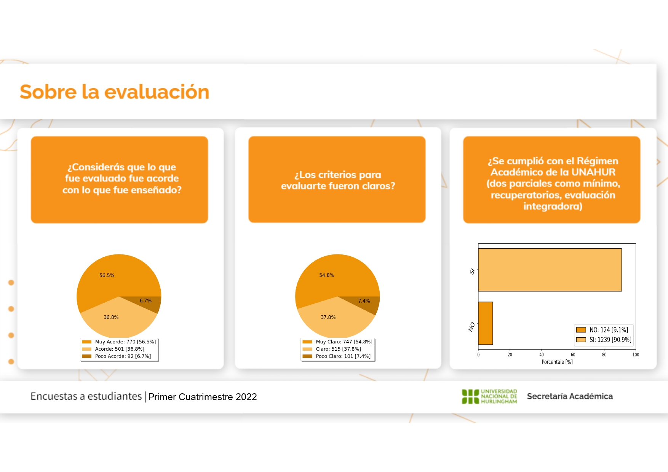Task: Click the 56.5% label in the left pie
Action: click(107, 275)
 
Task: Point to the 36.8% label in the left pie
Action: click(111, 317)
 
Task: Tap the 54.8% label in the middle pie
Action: click(326, 275)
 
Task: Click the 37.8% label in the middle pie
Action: click(328, 317)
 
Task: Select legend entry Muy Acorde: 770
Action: click(119, 342)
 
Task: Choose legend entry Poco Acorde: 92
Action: click(117, 356)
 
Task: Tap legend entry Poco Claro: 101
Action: click(336, 356)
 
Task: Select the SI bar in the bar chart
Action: click(550, 270)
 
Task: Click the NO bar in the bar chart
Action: click(486, 323)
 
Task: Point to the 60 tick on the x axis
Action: click(573, 354)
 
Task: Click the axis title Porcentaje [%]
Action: click(557, 362)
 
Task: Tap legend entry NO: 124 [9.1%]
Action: click(602, 330)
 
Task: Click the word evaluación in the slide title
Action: click(157, 92)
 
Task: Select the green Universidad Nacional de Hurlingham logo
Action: click(489, 396)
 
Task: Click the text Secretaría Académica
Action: click(570, 396)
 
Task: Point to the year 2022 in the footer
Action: click(246, 397)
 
